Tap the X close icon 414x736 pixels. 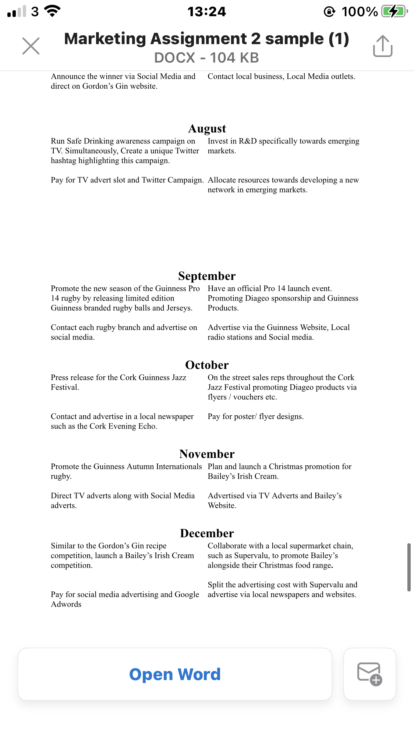(x=31, y=46)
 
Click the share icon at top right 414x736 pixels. (x=383, y=46)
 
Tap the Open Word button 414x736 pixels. (x=175, y=674)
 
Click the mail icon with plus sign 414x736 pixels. (x=369, y=674)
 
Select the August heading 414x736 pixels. (x=207, y=128)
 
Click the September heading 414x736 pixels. (x=207, y=276)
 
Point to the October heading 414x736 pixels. (x=207, y=365)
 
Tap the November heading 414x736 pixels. (x=207, y=454)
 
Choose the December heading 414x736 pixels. (x=207, y=533)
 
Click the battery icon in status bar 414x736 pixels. (x=394, y=11)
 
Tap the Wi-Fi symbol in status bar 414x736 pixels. (x=52, y=11)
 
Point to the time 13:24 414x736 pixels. (x=207, y=11)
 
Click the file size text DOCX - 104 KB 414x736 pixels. (x=207, y=58)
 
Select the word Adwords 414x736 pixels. (x=66, y=604)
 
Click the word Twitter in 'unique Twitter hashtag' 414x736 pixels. (x=187, y=151)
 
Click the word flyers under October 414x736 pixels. (x=217, y=397)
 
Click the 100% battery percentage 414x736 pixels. (x=360, y=11)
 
